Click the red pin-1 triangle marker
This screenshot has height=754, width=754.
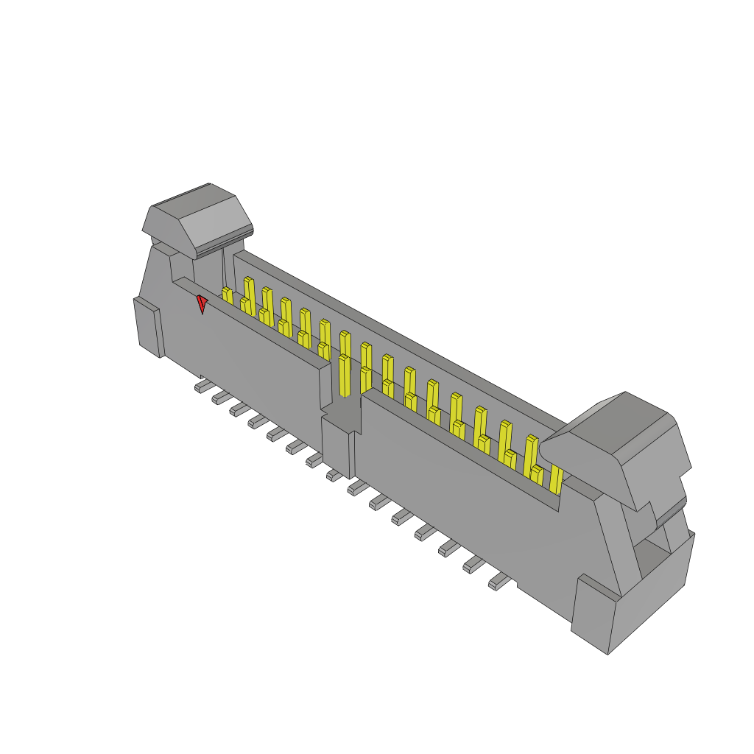(201, 303)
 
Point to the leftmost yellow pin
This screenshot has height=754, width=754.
(227, 296)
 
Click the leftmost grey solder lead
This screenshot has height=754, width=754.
(202, 386)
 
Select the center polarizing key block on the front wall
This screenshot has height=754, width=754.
(338, 445)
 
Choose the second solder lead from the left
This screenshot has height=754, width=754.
(220, 398)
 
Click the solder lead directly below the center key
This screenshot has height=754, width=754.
(335, 476)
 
